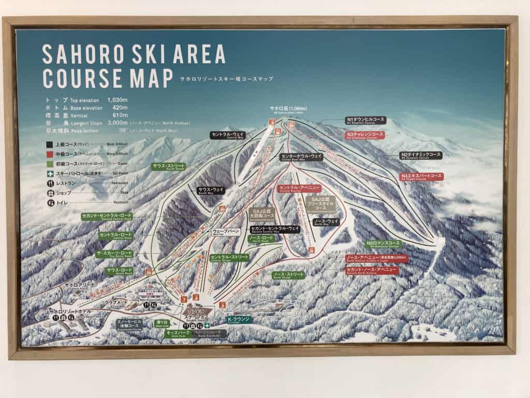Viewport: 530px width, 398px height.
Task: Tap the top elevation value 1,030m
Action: coord(117,99)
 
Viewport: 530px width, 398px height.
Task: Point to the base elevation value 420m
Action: coord(120,107)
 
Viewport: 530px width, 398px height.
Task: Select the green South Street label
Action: coord(168,167)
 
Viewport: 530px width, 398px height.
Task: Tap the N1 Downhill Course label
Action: coord(365,121)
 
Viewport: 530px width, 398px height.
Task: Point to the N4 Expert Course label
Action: coord(422,177)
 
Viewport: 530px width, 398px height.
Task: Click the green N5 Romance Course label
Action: coord(383,243)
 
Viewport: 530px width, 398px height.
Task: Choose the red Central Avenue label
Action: coord(300,188)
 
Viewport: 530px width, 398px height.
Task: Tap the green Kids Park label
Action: coord(178,334)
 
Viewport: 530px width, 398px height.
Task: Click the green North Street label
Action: coord(288,274)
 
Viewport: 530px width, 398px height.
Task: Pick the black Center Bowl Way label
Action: coord(302,157)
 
